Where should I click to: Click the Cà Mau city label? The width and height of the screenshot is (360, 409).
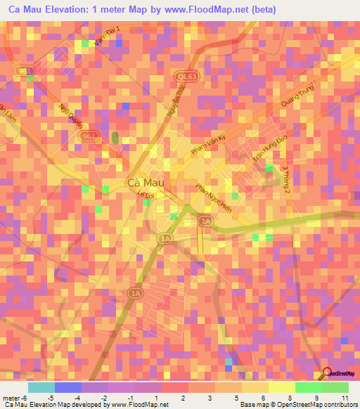point(146,182)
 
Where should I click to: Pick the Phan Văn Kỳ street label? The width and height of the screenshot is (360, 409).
point(209,149)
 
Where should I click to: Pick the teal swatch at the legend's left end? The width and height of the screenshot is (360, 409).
point(41,387)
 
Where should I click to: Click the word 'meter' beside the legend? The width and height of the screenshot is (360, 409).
point(10,398)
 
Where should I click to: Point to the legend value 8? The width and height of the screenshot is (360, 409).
point(271,398)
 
